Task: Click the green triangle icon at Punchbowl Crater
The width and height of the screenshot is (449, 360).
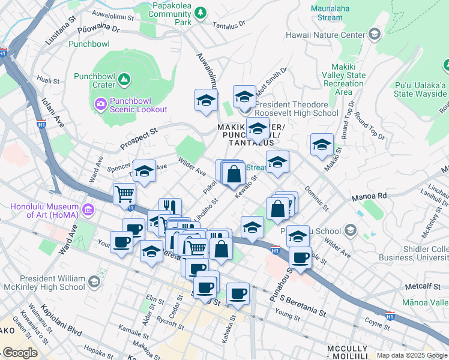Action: [124, 79]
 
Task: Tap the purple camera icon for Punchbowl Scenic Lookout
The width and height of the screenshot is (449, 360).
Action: [100, 104]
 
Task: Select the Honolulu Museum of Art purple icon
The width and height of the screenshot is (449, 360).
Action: [88, 209]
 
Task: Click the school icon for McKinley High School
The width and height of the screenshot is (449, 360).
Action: [94, 282]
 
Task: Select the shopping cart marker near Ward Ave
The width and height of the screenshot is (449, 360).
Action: [124, 194]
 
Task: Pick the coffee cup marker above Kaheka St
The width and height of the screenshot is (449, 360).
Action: [238, 293]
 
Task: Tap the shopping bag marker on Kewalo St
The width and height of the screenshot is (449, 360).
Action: [234, 175]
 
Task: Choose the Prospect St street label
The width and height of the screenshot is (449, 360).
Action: [138, 137]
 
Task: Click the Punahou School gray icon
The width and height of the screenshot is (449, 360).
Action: [350, 231]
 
